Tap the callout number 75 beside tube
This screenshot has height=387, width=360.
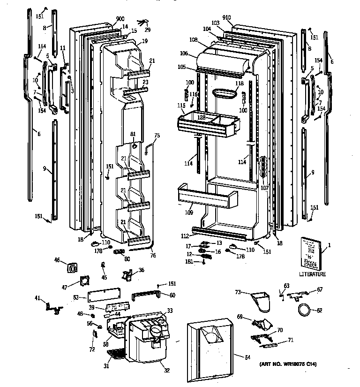(157, 136)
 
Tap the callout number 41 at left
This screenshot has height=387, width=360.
(37, 298)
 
